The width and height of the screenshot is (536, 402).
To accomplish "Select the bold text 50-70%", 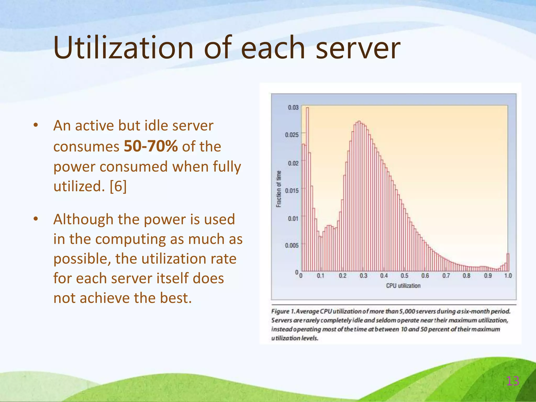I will (150, 146).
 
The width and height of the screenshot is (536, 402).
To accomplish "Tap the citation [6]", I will (118, 186).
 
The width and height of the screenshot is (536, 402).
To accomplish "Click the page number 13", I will (512, 381).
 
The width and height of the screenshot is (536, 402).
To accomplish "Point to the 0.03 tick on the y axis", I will (293, 108).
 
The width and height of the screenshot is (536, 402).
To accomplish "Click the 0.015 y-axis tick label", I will (292, 191).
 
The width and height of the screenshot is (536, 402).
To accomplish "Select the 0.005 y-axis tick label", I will (292, 245).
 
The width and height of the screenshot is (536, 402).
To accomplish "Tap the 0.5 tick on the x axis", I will (404, 276).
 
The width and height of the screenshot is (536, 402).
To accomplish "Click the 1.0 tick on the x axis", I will (508, 276).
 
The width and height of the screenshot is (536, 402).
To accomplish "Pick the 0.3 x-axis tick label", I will (363, 276).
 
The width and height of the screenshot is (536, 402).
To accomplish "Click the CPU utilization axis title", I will (403, 286).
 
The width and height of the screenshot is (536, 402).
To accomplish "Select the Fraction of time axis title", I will (279, 189).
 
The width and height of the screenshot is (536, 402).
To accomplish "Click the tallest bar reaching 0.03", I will (307, 188).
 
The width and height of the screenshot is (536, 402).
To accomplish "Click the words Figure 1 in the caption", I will (283, 311).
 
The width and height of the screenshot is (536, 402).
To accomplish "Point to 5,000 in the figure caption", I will (407, 311).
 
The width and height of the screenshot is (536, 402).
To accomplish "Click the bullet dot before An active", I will (36, 125).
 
